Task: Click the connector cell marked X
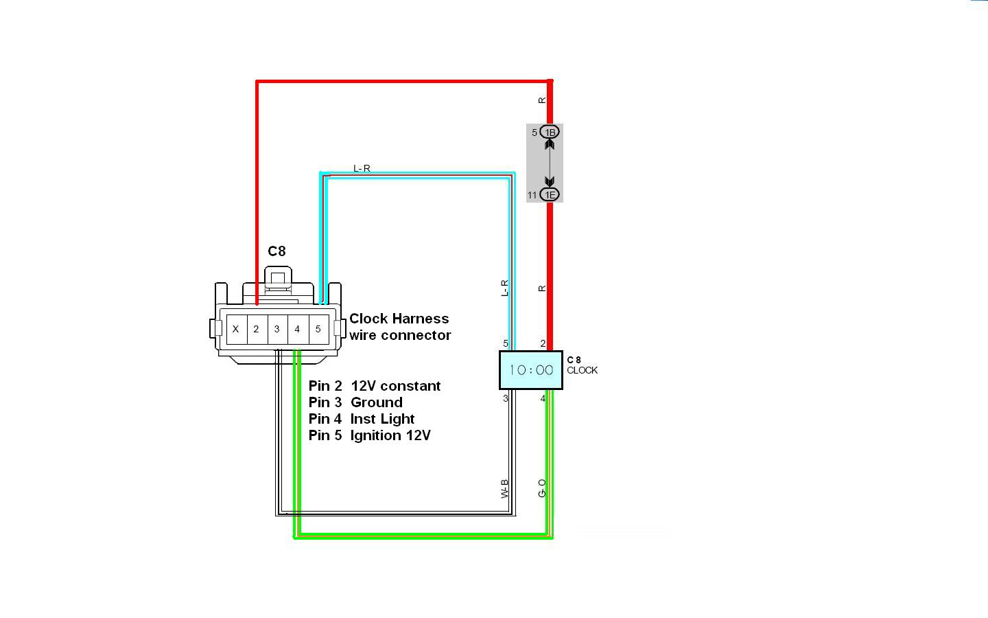(235, 329)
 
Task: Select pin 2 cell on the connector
(256, 329)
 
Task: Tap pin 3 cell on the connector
(277, 329)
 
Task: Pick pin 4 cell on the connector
(297, 329)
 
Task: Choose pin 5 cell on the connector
(318, 329)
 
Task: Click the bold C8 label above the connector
(277, 251)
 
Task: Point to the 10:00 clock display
(531, 370)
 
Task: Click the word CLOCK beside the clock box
(582, 370)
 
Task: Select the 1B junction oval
(550, 133)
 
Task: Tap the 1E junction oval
(550, 195)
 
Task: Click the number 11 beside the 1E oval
(532, 196)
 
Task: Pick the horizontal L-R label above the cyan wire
(362, 168)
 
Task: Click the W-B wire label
(505, 489)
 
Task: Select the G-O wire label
(542, 488)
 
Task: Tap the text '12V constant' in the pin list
(395, 386)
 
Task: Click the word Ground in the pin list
(376, 402)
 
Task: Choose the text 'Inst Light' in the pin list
(382, 419)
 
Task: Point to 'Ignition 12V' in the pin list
(390, 435)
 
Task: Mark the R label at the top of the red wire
(542, 100)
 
